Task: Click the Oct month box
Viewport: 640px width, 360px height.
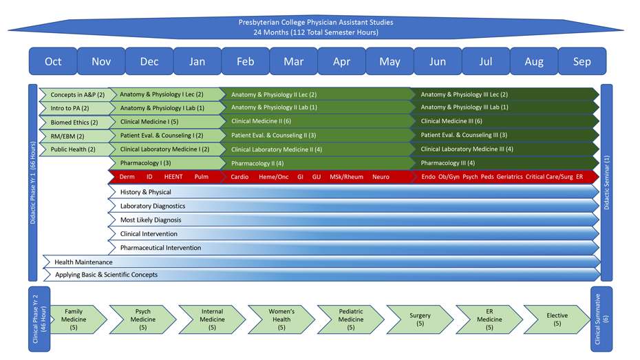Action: pyautogui.click(x=53, y=61)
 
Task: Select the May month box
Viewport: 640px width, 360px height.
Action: pyautogui.click(x=390, y=61)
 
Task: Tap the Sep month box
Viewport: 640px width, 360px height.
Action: pyautogui.click(x=582, y=61)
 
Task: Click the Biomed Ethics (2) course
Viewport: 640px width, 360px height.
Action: pyautogui.click(x=74, y=123)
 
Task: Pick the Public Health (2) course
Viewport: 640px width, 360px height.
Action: pyautogui.click(x=72, y=149)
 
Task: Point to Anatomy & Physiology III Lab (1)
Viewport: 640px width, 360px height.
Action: pyautogui.click(x=465, y=107)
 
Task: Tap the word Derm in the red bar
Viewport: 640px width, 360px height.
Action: pyautogui.click(x=127, y=177)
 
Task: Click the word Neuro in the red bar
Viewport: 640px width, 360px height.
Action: pyautogui.click(x=381, y=177)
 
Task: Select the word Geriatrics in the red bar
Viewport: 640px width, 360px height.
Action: pyautogui.click(x=509, y=177)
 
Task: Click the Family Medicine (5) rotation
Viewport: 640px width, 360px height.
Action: pyautogui.click(x=74, y=319)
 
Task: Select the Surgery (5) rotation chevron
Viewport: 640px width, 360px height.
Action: pyautogui.click(x=420, y=319)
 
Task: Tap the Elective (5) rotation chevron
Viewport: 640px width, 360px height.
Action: pyautogui.click(x=557, y=319)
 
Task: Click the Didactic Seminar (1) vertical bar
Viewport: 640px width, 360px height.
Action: pyautogui.click(x=606, y=182)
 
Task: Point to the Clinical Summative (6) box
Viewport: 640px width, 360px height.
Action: pyautogui.click(x=601, y=319)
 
